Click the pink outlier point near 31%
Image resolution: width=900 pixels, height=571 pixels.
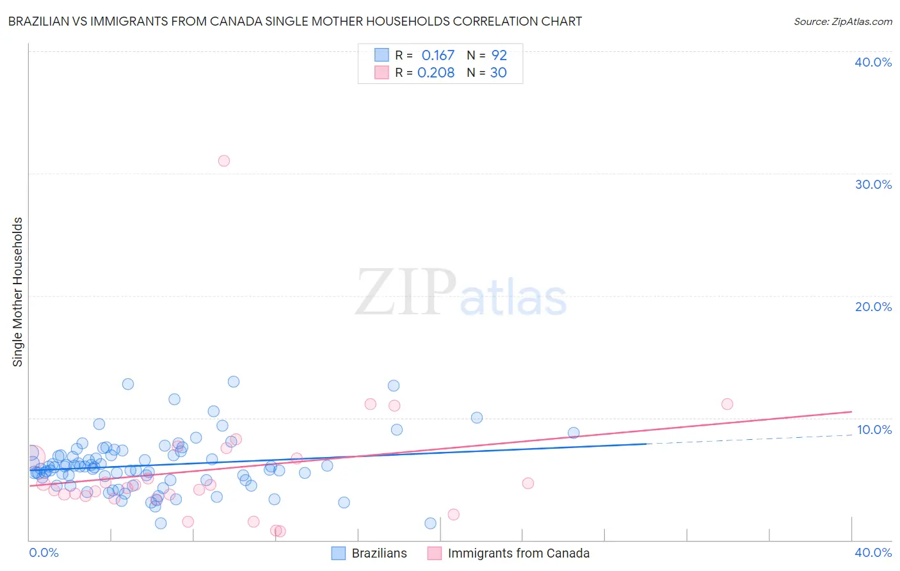click(x=223, y=161)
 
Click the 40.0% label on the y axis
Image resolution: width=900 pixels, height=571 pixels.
click(x=873, y=62)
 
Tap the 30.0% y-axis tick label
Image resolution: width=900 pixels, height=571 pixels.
click(x=873, y=184)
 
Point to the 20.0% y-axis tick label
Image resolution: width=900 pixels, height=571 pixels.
click(x=873, y=307)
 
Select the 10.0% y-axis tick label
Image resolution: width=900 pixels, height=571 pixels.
click(x=874, y=430)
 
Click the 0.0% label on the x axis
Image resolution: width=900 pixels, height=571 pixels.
click(x=44, y=552)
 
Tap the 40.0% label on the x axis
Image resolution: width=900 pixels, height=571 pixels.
click(x=873, y=552)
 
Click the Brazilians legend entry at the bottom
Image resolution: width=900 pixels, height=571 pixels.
click(x=379, y=553)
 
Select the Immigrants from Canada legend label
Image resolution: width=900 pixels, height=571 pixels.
click(x=518, y=553)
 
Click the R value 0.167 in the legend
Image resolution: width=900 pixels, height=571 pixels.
click(x=438, y=56)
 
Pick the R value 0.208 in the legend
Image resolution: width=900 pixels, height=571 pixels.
click(x=436, y=73)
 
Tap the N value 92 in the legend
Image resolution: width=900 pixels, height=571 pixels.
click(x=499, y=56)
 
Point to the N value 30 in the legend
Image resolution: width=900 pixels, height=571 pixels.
click(x=499, y=73)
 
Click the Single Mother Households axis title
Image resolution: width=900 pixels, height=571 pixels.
click(x=18, y=292)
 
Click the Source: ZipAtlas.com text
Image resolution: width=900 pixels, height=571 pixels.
click(x=842, y=21)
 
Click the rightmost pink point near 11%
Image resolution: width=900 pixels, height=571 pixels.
click(x=727, y=404)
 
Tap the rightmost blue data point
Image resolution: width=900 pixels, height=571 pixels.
click(x=574, y=433)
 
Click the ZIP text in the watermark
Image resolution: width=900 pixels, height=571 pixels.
click(x=406, y=293)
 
